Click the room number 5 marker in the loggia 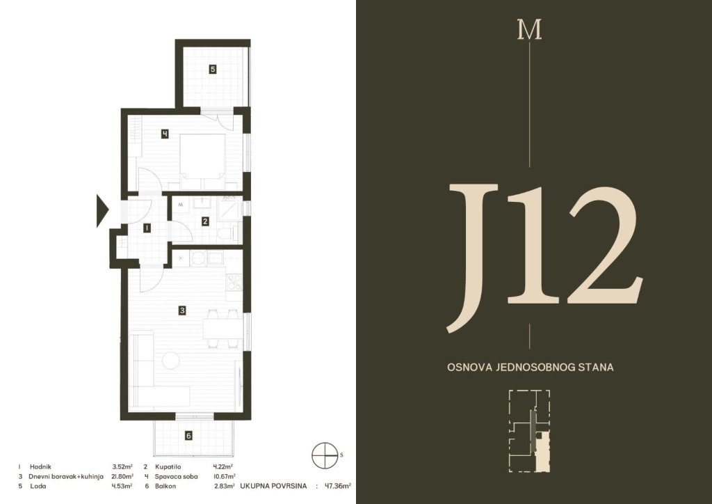pyautogui.click(x=213, y=70)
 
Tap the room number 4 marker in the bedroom pyautogui.click(x=165, y=134)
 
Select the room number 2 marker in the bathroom pyautogui.click(x=205, y=221)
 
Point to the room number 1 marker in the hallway pyautogui.click(x=147, y=228)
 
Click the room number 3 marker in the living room pyautogui.click(x=182, y=310)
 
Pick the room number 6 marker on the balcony pyautogui.click(x=188, y=436)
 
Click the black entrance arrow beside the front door pyautogui.click(x=103, y=210)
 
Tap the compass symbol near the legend pyautogui.click(x=325, y=455)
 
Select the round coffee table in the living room pyautogui.click(x=171, y=361)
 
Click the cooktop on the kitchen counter pyautogui.click(x=234, y=282)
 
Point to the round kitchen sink pyautogui.click(x=198, y=258)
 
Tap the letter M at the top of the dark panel pyautogui.click(x=529, y=30)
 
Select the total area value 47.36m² pyautogui.click(x=337, y=487)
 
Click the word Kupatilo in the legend pyautogui.click(x=168, y=466)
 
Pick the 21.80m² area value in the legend pyautogui.click(x=122, y=476)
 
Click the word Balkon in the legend pyautogui.click(x=165, y=487)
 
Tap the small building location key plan pyautogui.click(x=529, y=431)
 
